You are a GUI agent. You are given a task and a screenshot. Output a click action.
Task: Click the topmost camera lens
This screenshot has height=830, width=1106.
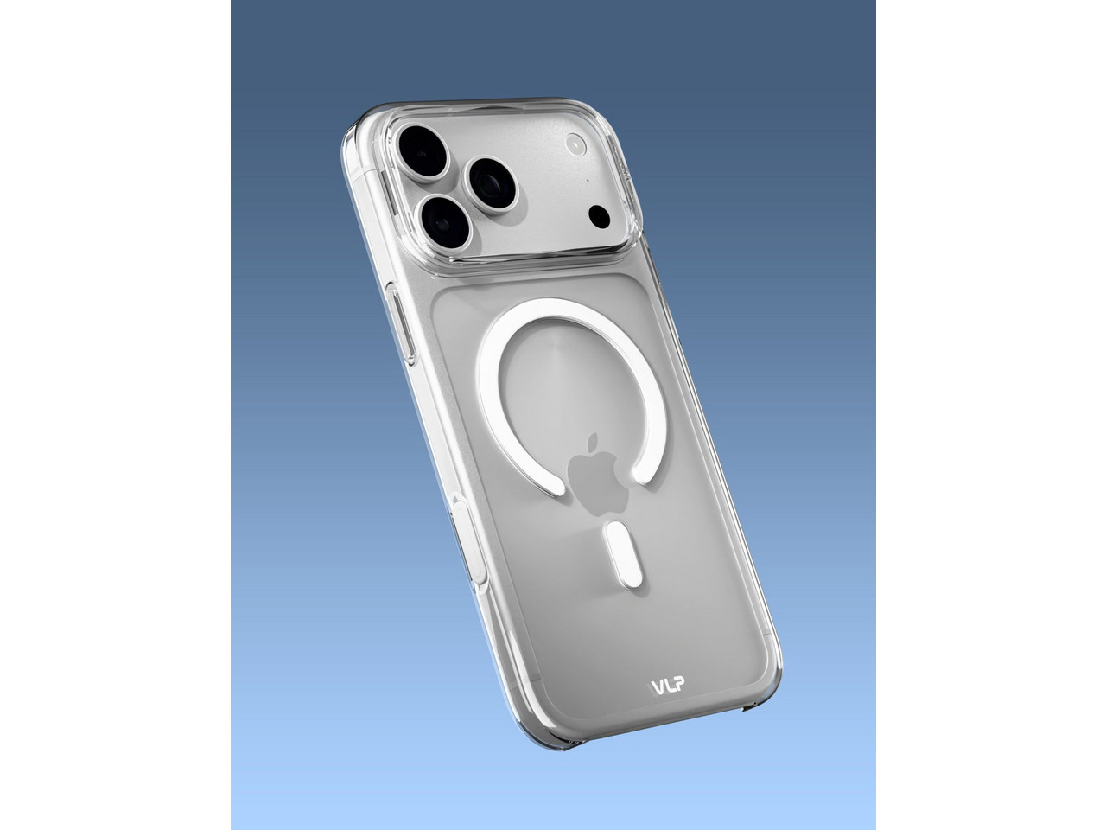[423, 151]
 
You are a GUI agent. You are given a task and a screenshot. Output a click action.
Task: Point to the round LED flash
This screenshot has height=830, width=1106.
[576, 144]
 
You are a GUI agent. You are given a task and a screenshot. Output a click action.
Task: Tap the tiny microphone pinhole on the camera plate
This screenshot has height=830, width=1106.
[588, 180]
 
